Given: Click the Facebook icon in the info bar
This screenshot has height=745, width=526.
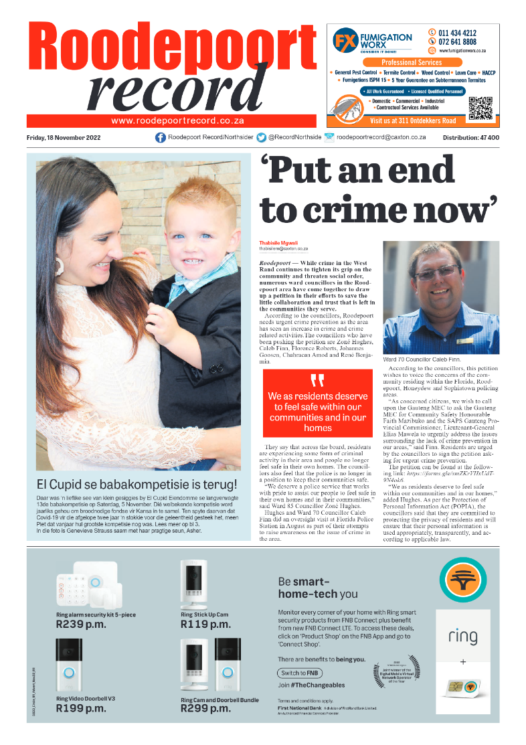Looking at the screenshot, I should point(161,137).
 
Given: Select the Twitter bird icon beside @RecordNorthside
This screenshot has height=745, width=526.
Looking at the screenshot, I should point(261,137).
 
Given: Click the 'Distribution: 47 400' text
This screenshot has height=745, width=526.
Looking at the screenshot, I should point(470,138).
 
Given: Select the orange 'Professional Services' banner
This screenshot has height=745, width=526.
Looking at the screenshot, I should point(416,62).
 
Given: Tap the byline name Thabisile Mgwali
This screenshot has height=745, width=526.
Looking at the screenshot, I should point(278,242).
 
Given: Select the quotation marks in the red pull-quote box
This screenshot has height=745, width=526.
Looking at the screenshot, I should point(317,381).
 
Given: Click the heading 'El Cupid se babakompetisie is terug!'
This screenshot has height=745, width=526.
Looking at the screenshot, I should point(137,483).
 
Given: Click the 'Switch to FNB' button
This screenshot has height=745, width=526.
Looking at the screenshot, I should point(298,673).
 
